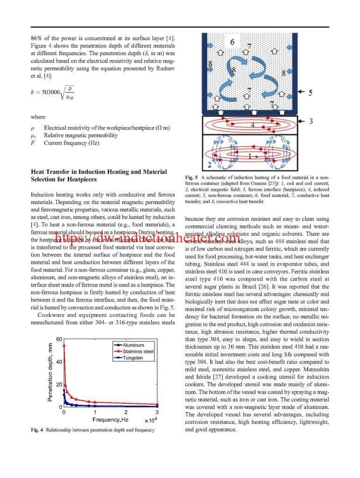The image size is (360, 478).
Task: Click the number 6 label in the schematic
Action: click(x=233, y=42)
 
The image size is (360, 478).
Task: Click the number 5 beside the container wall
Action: click(x=310, y=92)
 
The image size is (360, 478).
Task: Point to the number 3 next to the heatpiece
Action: click(x=311, y=121)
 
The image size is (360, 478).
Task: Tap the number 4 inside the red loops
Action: click(x=252, y=125)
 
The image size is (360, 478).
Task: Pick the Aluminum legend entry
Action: click(x=133, y=345)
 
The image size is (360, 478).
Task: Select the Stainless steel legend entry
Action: click(x=138, y=351)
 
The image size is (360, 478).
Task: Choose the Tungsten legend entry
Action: click(x=133, y=358)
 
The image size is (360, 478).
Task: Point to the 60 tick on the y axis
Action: click(x=59, y=339)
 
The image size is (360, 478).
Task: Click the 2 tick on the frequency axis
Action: click(x=126, y=412)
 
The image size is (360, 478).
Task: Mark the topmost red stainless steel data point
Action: click(x=64, y=346)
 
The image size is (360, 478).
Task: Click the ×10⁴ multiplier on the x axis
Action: click(x=150, y=421)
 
